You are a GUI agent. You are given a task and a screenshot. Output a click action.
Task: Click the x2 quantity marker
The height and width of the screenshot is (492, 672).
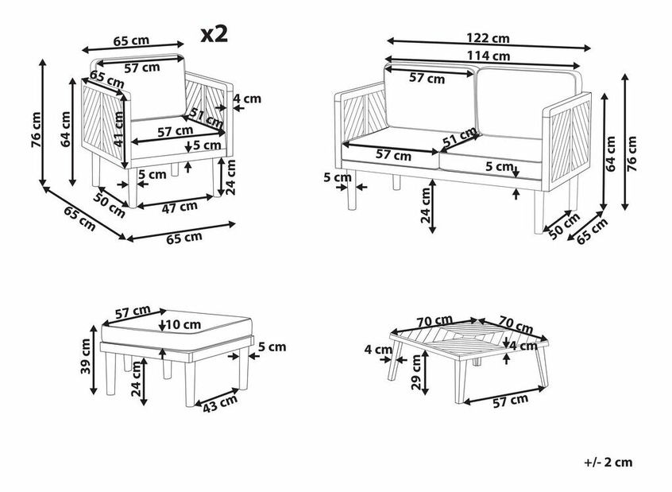point(214,34)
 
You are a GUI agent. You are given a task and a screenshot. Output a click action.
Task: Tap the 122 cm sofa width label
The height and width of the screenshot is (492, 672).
point(488,38)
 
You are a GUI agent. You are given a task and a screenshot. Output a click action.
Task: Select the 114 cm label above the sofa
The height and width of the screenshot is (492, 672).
point(489,56)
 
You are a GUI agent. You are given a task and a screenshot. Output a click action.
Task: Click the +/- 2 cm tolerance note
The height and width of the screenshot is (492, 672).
point(608,462)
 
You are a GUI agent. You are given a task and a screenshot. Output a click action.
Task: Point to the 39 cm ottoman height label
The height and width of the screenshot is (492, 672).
point(86,356)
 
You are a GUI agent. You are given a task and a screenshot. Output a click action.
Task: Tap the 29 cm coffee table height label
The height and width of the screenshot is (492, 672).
point(416,372)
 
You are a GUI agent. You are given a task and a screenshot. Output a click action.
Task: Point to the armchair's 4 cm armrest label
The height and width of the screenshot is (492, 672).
point(247,99)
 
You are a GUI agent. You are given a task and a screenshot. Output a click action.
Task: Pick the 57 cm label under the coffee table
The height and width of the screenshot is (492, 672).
point(510,401)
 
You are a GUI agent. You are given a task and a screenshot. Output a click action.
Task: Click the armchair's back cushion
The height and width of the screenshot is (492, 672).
point(156,88)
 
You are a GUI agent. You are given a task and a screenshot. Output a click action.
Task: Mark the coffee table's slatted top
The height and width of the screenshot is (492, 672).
point(469,338)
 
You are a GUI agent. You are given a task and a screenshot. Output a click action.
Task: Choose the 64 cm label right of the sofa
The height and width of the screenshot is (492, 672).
point(611,153)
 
